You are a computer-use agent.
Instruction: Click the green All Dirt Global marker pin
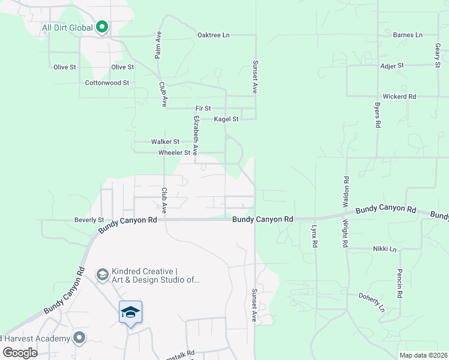click(x=102, y=27)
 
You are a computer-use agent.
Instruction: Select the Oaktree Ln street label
click(x=213, y=35)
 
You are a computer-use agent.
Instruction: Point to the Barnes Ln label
click(x=408, y=35)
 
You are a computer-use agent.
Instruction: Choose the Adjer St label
click(x=392, y=65)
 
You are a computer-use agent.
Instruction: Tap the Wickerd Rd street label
click(x=399, y=96)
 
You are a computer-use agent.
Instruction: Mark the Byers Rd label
click(x=378, y=114)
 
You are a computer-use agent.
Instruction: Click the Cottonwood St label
click(x=107, y=83)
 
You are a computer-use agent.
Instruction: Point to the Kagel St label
click(x=226, y=119)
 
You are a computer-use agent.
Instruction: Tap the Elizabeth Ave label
click(x=195, y=133)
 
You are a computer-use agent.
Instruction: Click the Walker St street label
click(x=165, y=142)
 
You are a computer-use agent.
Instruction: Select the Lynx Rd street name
click(x=313, y=236)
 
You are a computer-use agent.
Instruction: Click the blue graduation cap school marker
click(x=130, y=313)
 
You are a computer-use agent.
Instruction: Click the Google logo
click(x=20, y=353)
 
